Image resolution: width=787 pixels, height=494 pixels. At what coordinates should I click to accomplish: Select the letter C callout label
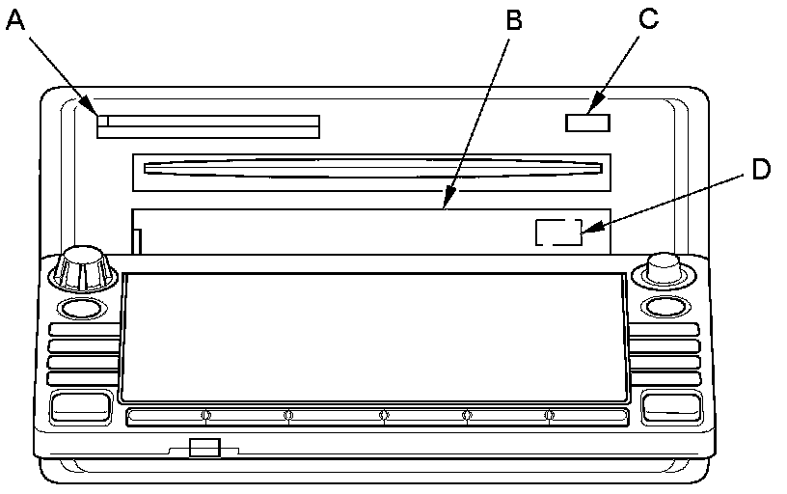point(648,20)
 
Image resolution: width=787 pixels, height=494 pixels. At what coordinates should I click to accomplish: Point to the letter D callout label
point(761,169)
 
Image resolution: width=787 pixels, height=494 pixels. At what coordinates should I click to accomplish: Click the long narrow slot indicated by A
point(208,126)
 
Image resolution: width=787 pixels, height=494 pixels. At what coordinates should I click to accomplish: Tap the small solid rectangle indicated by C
point(587,123)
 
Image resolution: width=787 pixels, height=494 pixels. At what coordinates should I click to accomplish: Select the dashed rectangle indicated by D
point(558,233)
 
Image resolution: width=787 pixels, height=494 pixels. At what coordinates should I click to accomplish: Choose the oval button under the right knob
point(664,308)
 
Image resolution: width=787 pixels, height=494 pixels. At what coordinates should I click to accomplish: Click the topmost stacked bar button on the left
point(83,330)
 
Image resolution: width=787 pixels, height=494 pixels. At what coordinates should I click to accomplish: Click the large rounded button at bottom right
point(669,406)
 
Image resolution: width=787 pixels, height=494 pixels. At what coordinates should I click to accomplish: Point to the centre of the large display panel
point(372,336)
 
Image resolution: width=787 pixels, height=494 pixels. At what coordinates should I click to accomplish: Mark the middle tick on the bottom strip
point(384,417)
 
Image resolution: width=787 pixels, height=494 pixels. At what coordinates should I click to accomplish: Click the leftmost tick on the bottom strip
point(204,417)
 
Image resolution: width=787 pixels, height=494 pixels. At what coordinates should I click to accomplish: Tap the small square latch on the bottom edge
point(204,447)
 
